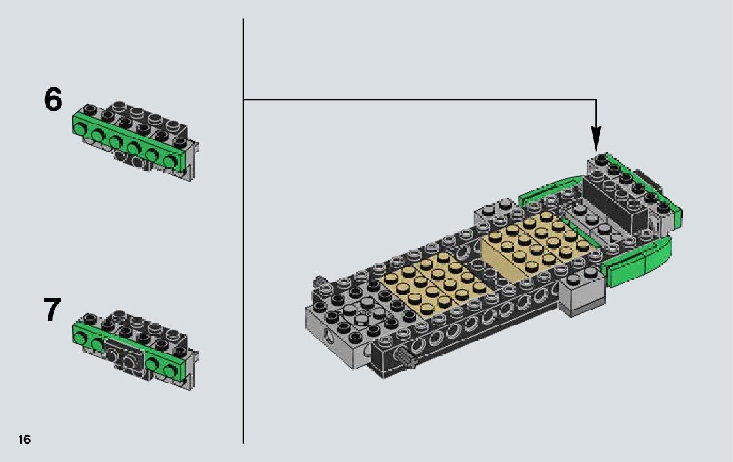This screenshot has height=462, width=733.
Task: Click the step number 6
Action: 53,100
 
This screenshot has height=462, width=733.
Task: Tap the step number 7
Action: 52,310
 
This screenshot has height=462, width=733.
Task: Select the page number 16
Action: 24,439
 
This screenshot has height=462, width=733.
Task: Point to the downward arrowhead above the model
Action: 596,138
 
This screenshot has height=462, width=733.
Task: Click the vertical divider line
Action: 243,231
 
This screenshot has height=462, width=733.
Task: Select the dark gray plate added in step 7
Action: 124,354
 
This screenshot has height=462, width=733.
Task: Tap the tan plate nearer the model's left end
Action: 428,285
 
